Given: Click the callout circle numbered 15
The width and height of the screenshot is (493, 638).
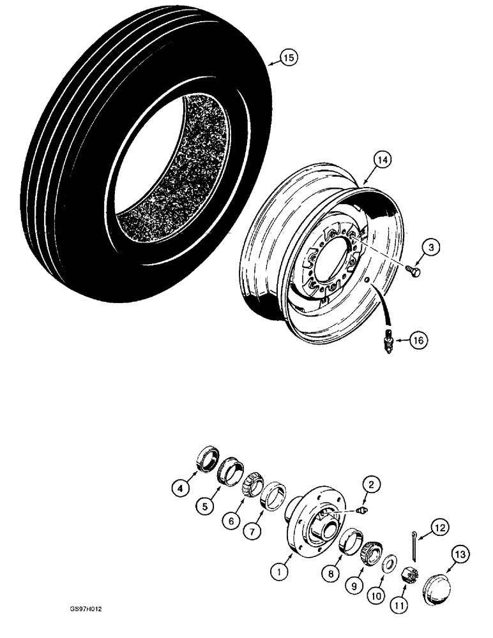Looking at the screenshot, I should click(289, 58).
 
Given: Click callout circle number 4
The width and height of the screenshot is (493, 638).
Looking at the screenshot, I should click(181, 490).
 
